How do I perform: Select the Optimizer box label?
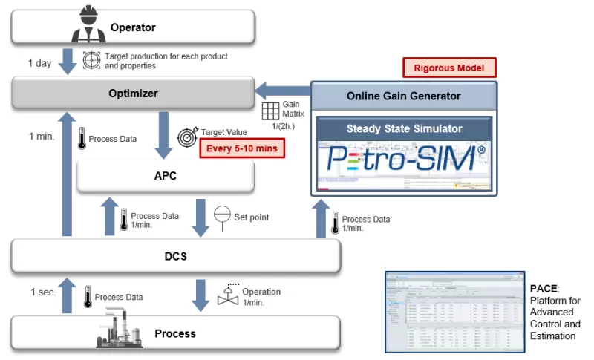pyautogui.click(x=133, y=94)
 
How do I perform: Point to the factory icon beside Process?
pyautogui.click(x=120, y=332)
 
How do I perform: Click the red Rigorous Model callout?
pyautogui.click(x=449, y=68)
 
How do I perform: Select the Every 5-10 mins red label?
pyautogui.click(x=242, y=149)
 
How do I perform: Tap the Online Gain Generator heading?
pyautogui.click(x=404, y=96)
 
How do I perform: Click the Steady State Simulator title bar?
pyautogui.click(x=404, y=128)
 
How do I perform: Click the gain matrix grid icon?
pyautogui.click(x=271, y=111)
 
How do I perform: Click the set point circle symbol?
pyautogui.click(x=222, y=216)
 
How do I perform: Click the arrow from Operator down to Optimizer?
pyautogui.click(x=68, y=62)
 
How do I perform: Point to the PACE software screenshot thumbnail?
pyautogui.click(x=453, y=312)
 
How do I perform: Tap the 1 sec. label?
pyautogui.click(x=43, y=292)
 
